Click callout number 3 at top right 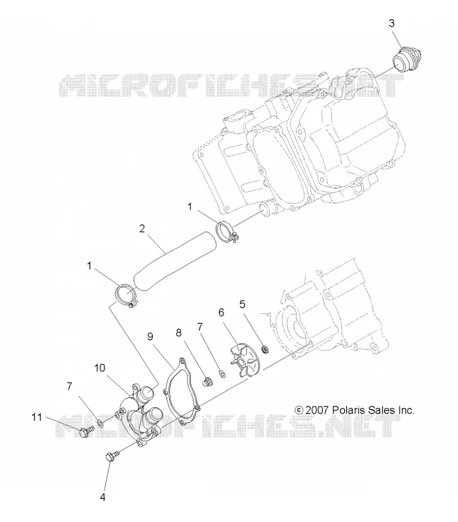click(391, 23)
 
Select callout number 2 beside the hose click(142, 229)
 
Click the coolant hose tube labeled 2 click(174, 262)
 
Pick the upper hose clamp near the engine click(227, 232)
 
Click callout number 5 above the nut click(242, 304)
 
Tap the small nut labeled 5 click(266, 349)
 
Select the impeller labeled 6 click(246, 361)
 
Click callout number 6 click(221, 313)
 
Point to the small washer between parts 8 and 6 click(221, 373)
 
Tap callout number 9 click(150, 337)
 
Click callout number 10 click(100, 368)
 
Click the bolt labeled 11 click(86, 432)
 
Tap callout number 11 click(37, 417)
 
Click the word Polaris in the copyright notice click(349, 410)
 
